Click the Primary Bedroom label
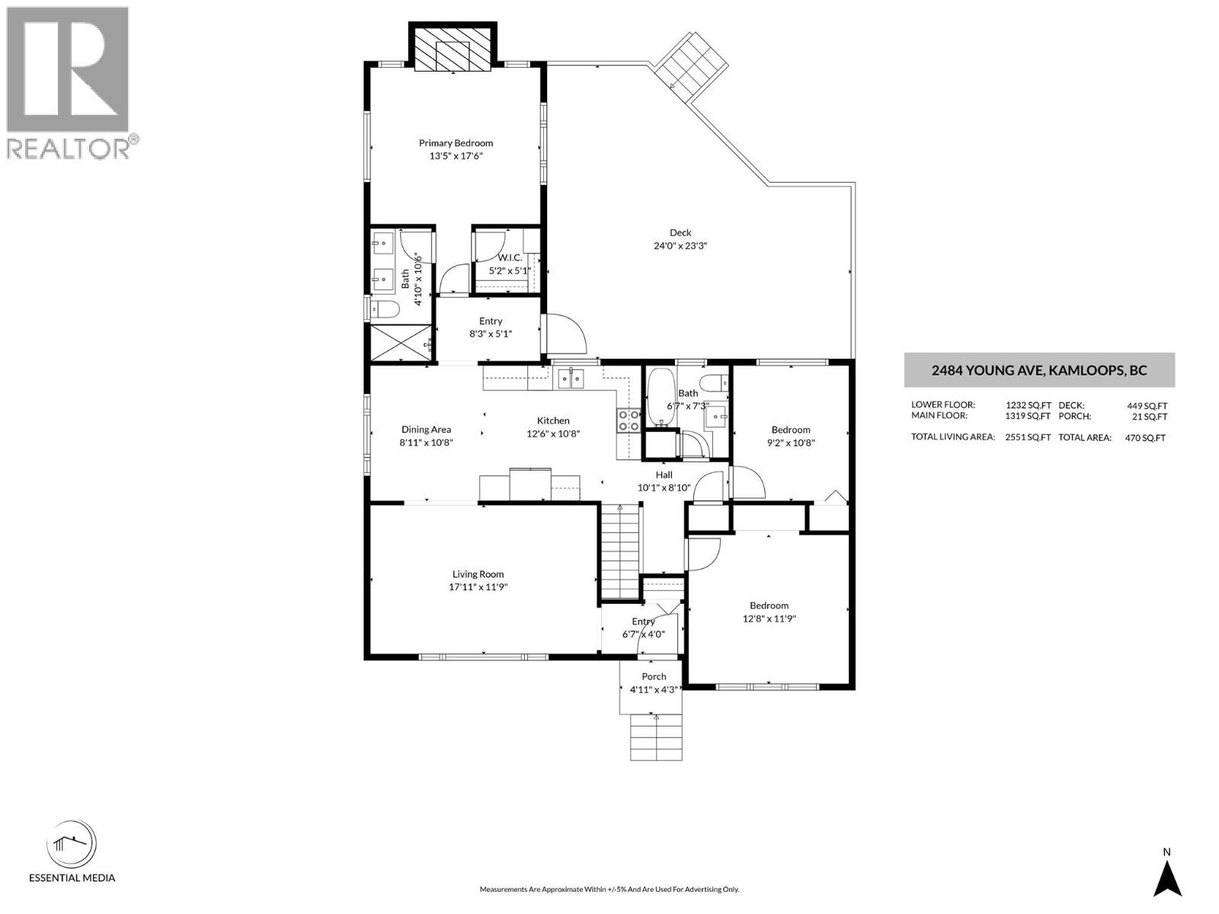456,143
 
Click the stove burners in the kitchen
629,420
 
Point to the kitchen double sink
570,376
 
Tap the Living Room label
478,574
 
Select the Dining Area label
425,430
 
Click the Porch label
654,676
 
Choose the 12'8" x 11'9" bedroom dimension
769,618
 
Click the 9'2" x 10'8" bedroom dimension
790,443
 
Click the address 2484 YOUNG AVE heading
1039,371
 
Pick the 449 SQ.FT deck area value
1147,406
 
